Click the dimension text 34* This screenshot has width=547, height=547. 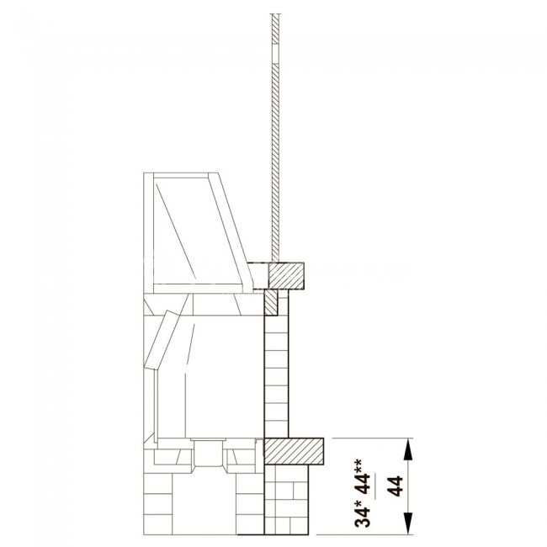coord(363,512)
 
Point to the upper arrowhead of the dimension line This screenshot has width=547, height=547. coord(408,449)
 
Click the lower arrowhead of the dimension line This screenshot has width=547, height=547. coord(408,523)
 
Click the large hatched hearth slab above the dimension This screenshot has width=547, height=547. coord(294,451)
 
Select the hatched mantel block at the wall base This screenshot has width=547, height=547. coord(286,275)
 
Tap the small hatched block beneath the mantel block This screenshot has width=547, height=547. coord(271,302)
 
